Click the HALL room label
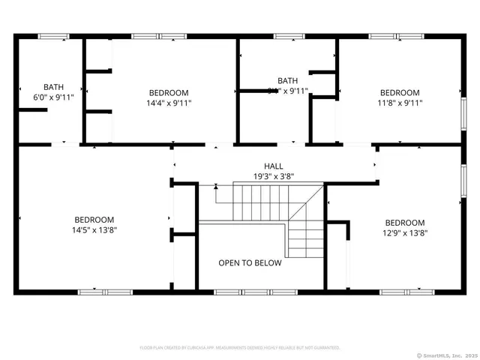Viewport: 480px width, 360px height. pos(273,166)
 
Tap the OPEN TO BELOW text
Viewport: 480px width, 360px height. pos(250,262)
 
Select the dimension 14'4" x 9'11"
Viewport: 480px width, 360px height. pos(163,103)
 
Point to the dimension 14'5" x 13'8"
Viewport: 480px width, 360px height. pos(94,229)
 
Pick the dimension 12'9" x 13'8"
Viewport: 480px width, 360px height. pos(404,232)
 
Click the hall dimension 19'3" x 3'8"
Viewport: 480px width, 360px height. pos(273,176)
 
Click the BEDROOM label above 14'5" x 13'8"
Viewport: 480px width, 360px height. pos(94,219)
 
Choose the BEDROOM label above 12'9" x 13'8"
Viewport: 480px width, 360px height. pos(404,222)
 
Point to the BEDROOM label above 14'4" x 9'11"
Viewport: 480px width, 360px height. pos(163,92)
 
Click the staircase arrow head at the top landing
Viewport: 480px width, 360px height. pos(216,186)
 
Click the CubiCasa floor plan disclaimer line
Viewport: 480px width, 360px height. pos(240,348)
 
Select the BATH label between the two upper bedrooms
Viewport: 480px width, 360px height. pos(287,80)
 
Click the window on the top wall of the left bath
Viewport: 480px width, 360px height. pos(52,34)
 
